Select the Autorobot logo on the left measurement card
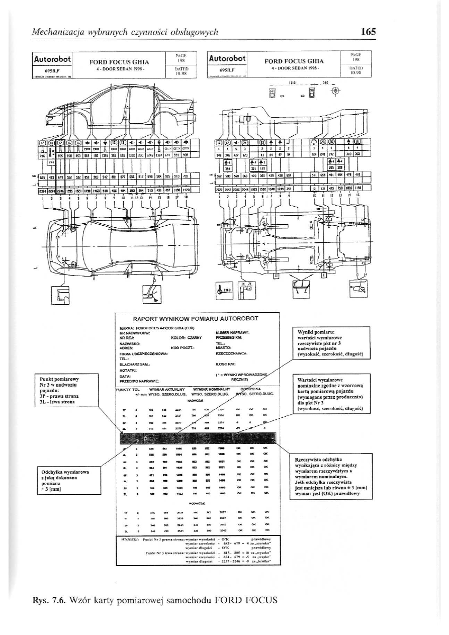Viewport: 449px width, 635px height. coord(53,59)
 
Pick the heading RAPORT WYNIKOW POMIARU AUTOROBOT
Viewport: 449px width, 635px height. coord(196,319)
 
